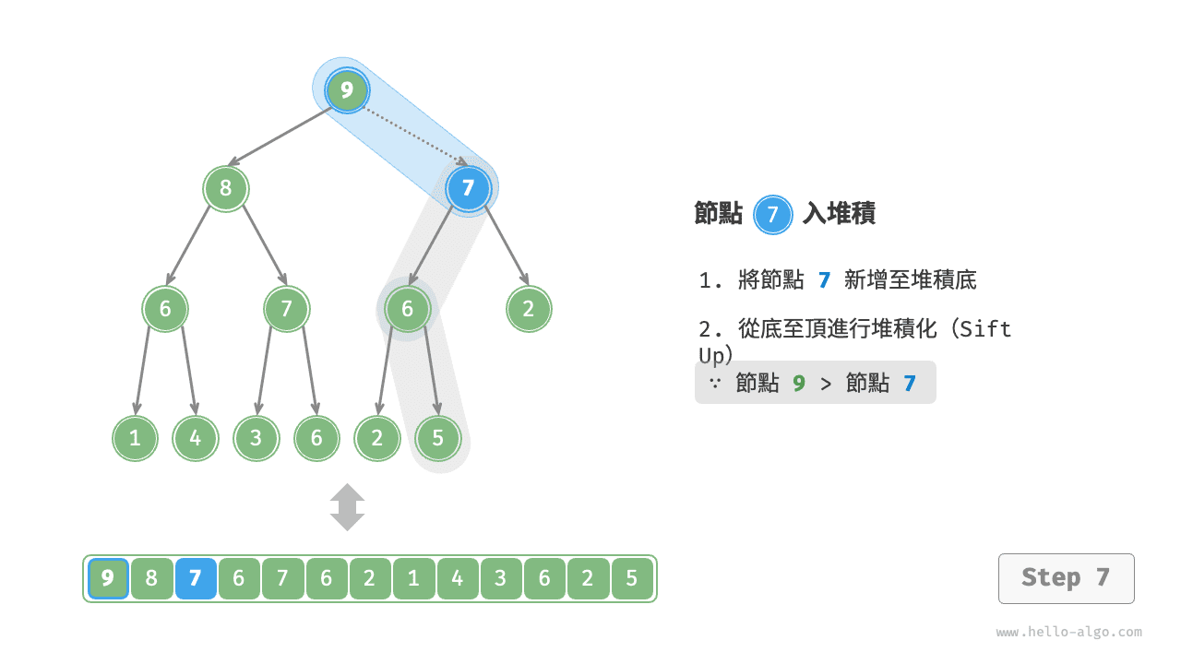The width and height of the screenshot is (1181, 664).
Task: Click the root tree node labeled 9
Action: pyautogui.click(x=346, y=90)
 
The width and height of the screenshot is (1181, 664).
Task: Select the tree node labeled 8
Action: pyautogui.click(x=226, y=188)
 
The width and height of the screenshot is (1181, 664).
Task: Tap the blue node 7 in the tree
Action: pyautogui.click(x=468, y=188)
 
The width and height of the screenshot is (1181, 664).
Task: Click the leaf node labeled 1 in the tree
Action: pyautogui.click(x=135, y=438)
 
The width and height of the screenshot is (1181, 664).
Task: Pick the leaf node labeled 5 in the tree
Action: pyautogui.click(x=437, y=438)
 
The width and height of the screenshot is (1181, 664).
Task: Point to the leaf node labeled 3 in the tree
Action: pyautogui.click(x=256, y=438)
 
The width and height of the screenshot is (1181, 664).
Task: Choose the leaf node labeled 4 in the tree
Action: pyautogui.click(x=196, y=438)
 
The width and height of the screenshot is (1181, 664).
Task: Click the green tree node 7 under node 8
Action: pyautogui.click(x=286, y=309)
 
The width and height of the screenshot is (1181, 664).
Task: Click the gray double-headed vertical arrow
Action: pyautogui.click(x=347, y=507)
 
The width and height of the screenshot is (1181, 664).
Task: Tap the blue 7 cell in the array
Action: pyautogui.click(x=196, y=578)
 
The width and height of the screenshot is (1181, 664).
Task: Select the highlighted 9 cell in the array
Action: pyautogui.click(x=108, y=578)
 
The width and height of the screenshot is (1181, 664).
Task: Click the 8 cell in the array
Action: pyautogui.click(x=152, y=578)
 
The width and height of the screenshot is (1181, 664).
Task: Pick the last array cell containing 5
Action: pyautogui.click(x=632, y=578)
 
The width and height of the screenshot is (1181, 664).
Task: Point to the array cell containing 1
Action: pyautogui.click(x=414, y=578)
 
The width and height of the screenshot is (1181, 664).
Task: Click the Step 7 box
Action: pyautogui.click(x=1066, y=578)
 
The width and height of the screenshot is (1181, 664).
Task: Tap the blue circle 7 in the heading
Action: pyautogui.click(x=772, y=215)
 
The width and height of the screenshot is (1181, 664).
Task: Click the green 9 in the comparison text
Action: pyautogui.click(x=799, y=383)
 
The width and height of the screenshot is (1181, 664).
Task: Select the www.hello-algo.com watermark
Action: pyautogui.click(x=1068, y=632)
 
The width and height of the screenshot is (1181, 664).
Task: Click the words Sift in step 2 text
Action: pyautogui.click(x=984, y=329)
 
